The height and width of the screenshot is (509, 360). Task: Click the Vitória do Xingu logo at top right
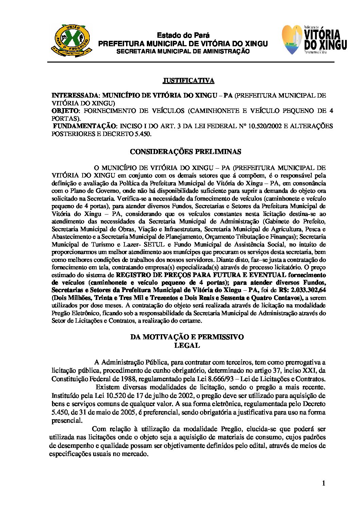pyautogui.click(x=314, y=40)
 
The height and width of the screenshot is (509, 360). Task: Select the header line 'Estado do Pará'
pyautogui.click(x=183, y=35)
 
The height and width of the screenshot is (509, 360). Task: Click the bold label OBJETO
pyautogui.click(x=65, y=111)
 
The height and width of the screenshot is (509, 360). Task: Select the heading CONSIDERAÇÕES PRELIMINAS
pyautogui.click(x=186, y=152)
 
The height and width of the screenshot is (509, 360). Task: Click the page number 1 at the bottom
pyautogui.click(x=323, y=483)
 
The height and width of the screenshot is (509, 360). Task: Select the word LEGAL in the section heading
pyautogui.click(x=187, y=345)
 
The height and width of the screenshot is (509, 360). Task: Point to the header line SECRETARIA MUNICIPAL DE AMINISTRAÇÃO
pyautogui.click(x=183, y=51)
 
